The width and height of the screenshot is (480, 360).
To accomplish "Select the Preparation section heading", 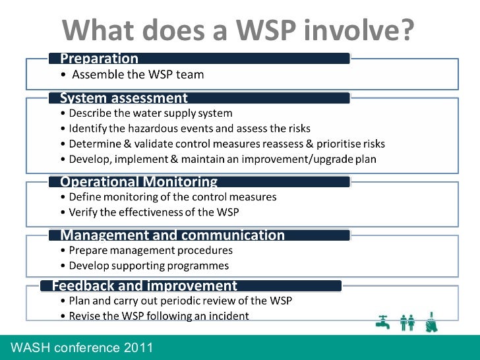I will point(99,59).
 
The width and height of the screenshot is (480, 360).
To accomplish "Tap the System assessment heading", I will point(124,98).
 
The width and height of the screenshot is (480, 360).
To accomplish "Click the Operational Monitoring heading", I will point(138,181).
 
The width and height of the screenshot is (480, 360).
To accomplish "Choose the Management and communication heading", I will point(172,235).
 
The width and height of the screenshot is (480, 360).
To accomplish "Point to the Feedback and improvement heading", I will point(144,285).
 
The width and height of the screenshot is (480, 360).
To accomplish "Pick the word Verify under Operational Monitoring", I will point(84,212).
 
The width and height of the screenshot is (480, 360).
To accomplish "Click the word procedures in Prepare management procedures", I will point(202,251).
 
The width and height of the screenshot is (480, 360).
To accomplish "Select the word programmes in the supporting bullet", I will point(198,266).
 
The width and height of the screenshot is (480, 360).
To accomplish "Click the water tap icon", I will point(382,320).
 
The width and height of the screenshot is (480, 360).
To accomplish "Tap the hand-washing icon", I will point(432,320).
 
